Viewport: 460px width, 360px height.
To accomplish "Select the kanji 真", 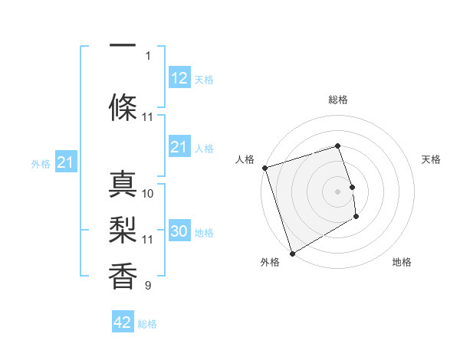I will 123,185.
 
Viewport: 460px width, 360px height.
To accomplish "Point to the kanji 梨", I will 123,229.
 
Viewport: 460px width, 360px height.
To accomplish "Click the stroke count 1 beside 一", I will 148,55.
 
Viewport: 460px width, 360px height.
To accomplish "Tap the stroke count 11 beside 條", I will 148,117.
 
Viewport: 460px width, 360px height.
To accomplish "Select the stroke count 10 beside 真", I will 148,194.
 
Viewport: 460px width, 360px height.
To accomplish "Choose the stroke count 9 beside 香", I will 148,286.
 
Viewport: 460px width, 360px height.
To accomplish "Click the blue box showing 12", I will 179,78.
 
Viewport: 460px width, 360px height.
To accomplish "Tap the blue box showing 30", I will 179,231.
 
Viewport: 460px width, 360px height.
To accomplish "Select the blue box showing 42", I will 123,322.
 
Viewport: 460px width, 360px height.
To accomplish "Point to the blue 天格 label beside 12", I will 204,80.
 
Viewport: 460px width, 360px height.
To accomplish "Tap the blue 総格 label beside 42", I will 148,324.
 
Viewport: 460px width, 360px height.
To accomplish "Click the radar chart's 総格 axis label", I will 338,100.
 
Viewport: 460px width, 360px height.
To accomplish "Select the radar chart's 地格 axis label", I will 402,262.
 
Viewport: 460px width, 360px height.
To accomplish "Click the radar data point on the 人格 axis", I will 264,168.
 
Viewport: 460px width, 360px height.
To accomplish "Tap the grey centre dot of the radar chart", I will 338,191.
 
